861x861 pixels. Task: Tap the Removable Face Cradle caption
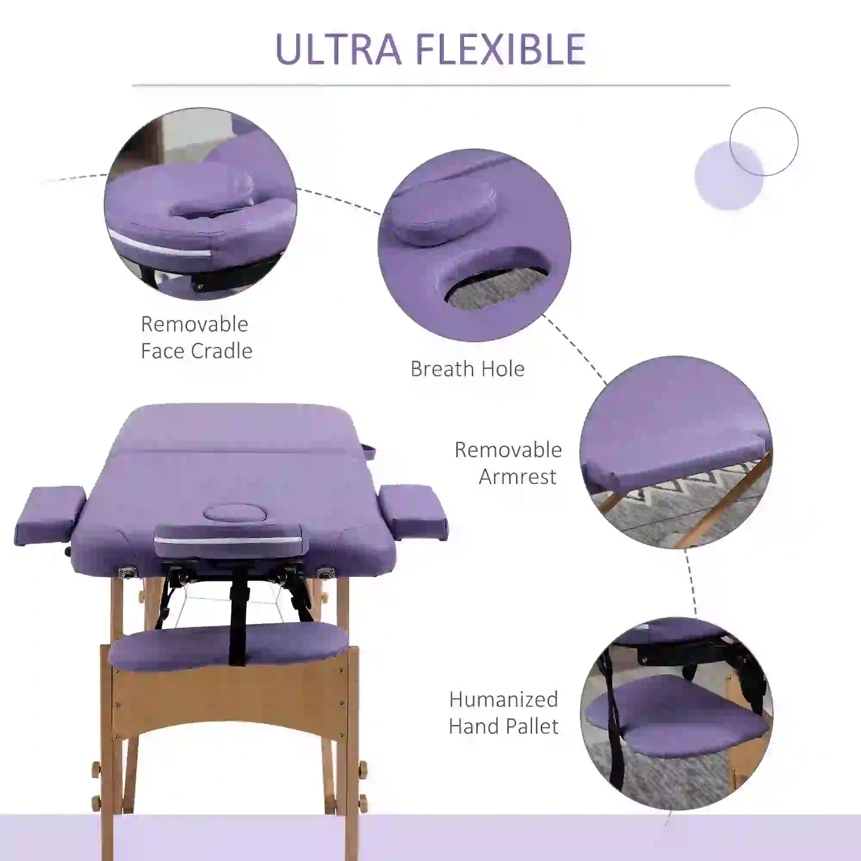(x=196, y=337)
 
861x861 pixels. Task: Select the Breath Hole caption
(x=467, y=369)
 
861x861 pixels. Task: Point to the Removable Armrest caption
(x=508, y=463)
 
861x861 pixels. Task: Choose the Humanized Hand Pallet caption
(x=503, y=713)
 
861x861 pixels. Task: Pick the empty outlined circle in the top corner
(x=764, y=141)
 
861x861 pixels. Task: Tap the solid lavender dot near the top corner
(x=728, y=176)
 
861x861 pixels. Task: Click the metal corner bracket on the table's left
(x=126, y=573)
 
